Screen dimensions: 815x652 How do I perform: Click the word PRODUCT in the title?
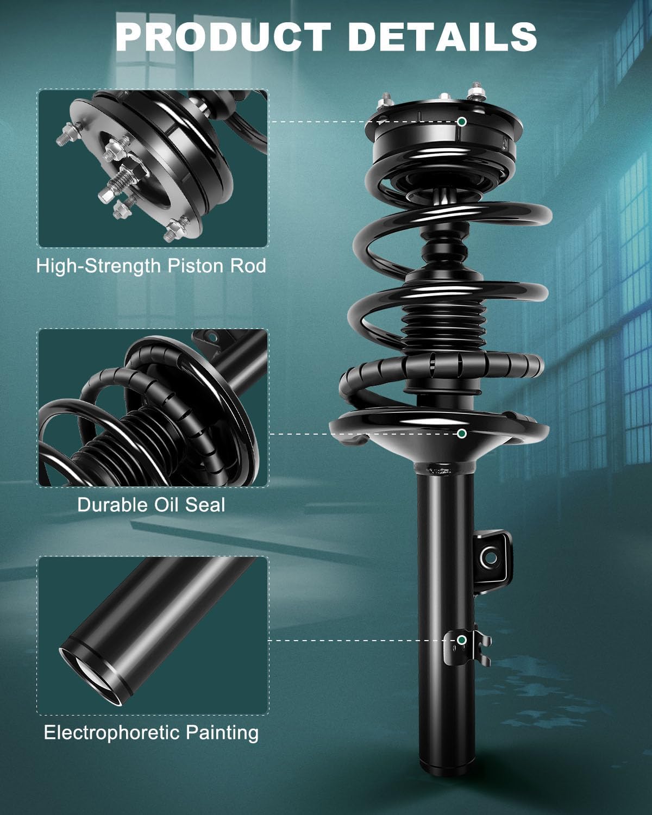click(223, 36)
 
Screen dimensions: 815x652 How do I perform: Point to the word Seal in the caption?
click(205, 505)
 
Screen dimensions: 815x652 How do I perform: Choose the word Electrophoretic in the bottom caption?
click(112, 732)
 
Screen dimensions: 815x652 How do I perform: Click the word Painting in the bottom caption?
click(222, 732)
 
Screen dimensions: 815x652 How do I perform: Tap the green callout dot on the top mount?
click(461, 122)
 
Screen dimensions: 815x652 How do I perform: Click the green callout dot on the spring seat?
click(461, 433)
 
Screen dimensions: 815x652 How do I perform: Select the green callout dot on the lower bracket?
click(461, 640)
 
